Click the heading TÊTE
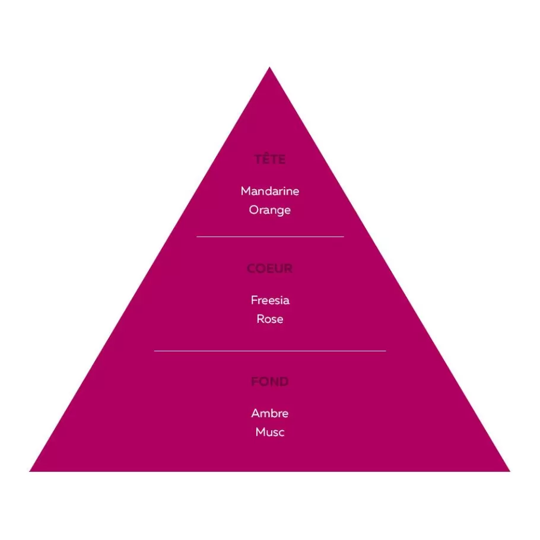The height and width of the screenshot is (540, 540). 269,159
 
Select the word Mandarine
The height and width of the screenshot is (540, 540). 270,191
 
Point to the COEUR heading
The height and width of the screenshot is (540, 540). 269,268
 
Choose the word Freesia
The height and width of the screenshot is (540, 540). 270,300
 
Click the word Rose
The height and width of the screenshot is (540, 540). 270,319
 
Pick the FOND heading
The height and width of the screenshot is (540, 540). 269,382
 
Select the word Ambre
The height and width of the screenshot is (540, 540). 269,413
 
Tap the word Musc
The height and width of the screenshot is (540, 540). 270,432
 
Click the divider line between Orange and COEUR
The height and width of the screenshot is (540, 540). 270,237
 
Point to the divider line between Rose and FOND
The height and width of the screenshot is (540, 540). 270,351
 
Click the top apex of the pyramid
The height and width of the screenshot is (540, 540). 269,67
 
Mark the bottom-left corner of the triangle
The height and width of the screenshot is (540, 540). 30,471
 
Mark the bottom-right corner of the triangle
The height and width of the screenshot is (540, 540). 510,471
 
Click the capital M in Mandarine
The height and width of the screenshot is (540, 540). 246,191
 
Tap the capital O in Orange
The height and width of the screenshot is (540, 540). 254,209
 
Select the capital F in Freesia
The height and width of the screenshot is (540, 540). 254,300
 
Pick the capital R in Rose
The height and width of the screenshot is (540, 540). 261,319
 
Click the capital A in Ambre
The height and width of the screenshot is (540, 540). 256,413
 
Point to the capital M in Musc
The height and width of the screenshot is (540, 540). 261,432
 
